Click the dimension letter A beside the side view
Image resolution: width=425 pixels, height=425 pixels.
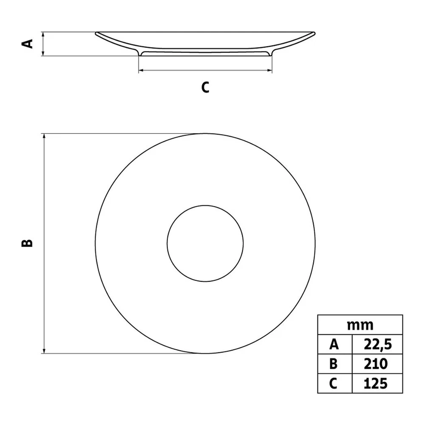point(27,44)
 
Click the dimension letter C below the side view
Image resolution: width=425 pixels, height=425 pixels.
point(205,87)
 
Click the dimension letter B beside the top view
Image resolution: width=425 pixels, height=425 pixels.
point(27,244)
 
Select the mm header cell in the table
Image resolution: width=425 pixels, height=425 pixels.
point(360,325)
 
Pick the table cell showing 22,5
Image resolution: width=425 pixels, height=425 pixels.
point(377,345)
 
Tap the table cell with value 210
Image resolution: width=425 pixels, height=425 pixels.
point(377,364)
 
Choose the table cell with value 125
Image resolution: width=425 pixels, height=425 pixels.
point(377,383)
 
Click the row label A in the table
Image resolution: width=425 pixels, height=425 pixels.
point(334,345)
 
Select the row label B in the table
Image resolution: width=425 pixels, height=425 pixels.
point(334,364)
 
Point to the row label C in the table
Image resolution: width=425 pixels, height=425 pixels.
point(333,383)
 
